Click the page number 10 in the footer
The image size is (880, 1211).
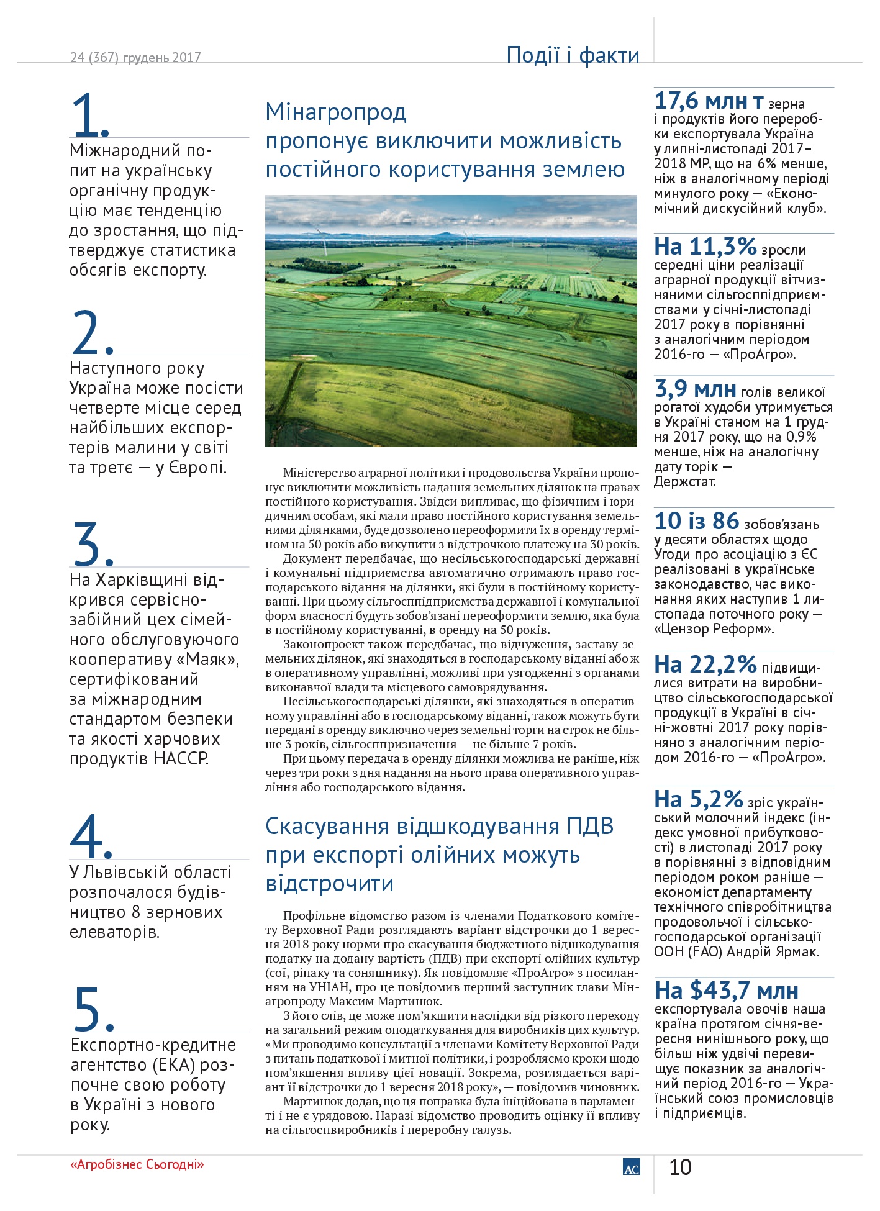point(680,1168)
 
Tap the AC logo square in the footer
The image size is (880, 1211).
point(631,1167)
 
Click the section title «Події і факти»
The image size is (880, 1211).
point(573,55)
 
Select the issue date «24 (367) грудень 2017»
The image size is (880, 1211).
point(135,58)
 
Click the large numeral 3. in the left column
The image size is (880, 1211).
point(93,544)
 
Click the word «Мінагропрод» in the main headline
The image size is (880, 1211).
point(336,112)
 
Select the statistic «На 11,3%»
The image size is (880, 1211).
point(705,247)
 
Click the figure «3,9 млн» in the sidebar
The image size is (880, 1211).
point(696,389)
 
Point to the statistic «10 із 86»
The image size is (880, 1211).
point(696,521)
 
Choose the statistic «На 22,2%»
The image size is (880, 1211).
point(705,665)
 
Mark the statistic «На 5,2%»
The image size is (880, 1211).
point(699,799)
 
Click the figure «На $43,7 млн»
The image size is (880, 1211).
point(726,991)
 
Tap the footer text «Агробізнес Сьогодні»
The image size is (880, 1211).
point(137,1164)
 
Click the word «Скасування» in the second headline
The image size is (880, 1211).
point(327,827)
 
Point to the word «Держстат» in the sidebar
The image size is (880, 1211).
point(684,482)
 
